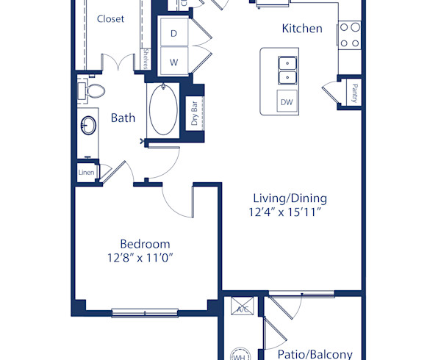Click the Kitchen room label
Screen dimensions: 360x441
point(302,29)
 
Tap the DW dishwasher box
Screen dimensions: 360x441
point(287,102)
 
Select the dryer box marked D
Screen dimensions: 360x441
point(174,34)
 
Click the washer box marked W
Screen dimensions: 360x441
point(174,62)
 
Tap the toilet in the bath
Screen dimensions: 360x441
point(93,90)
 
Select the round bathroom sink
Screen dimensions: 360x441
point(89,126)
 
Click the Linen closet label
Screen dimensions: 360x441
point(86,173)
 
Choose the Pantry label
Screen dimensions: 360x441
point(354,93)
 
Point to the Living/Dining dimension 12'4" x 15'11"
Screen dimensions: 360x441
point(289,212)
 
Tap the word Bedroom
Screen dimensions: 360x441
point(145,244)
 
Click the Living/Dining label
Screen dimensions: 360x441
point(290,198)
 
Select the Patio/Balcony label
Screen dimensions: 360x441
point(315,353)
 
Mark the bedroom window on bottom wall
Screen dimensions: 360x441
point(145,313)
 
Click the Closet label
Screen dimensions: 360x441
point(110,19)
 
